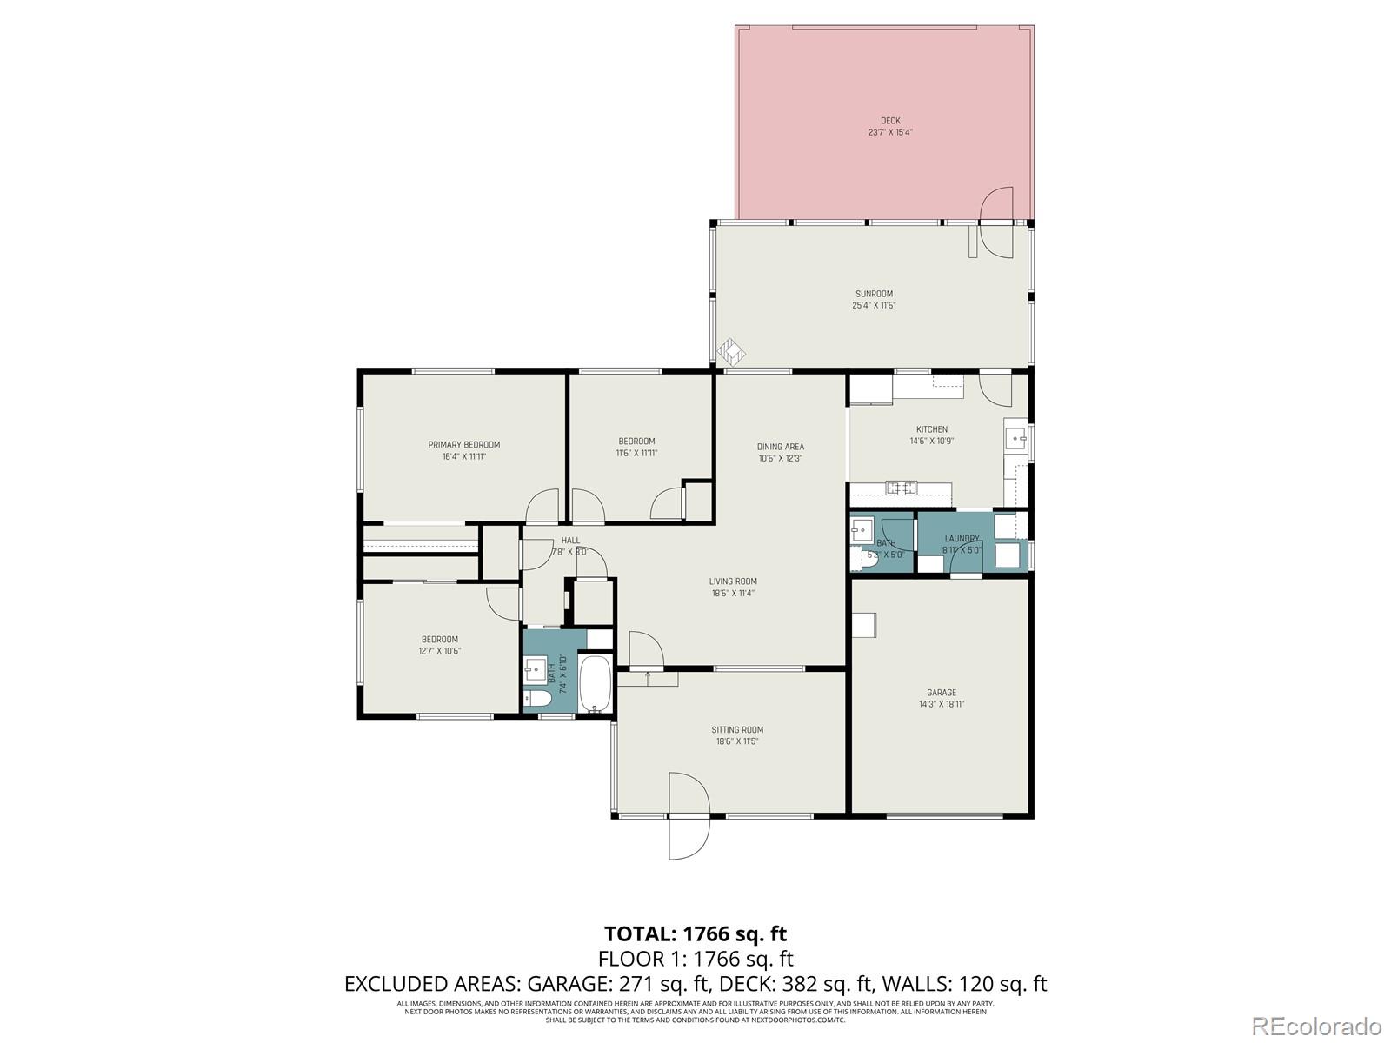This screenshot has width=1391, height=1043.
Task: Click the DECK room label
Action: [889, 121]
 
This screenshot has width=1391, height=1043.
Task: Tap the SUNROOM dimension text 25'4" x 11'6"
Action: [874, 306]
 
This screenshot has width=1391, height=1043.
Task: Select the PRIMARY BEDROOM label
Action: [463, 445]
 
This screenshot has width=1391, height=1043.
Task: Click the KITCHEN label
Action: [931, 429]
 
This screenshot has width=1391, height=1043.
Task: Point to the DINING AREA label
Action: [780, 447]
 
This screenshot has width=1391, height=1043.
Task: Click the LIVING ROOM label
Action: [733, 581]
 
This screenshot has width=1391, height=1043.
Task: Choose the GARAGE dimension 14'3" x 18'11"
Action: [941, 705]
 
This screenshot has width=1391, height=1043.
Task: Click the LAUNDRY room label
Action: [962, 539]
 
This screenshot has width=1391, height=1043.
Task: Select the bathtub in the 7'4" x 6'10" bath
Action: [596, 685]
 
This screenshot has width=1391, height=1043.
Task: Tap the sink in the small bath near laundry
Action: [862, 529]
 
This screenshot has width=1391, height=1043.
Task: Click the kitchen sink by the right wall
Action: [1015, 439]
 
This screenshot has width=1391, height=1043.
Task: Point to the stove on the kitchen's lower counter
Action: [900, 488]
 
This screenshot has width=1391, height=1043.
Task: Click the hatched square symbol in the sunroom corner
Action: [731, 351]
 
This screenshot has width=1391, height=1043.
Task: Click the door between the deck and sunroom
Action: [996, 223]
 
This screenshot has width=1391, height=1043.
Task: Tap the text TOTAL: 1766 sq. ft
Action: [695, 934]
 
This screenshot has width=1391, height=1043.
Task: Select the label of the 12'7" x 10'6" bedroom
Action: [439, 640]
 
